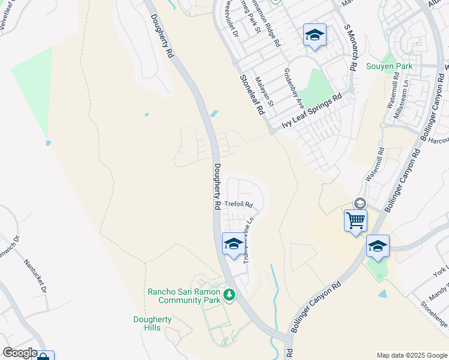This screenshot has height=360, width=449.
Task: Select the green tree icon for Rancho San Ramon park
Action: [x=229, y=295]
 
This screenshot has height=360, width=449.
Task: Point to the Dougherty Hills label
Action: [x=152, y=324]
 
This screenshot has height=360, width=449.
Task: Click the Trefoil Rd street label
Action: [x=239, y=204]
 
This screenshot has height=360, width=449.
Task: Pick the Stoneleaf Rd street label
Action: [x=252, y=95]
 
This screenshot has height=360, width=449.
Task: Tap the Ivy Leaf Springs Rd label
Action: [x=312, y=112]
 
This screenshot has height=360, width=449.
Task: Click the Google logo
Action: [x=20, y=353]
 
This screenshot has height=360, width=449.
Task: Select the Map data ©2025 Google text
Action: [x=411, y=355]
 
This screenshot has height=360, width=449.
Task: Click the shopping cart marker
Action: [x=355, y=220]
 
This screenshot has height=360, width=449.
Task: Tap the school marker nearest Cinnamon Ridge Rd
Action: [x=314, y=35]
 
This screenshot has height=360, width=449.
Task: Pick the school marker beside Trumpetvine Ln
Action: [x=234, y=244]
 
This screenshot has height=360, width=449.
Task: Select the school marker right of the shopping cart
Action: [x=378, y=246]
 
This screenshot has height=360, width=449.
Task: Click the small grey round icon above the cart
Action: [x=360, y=203]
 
